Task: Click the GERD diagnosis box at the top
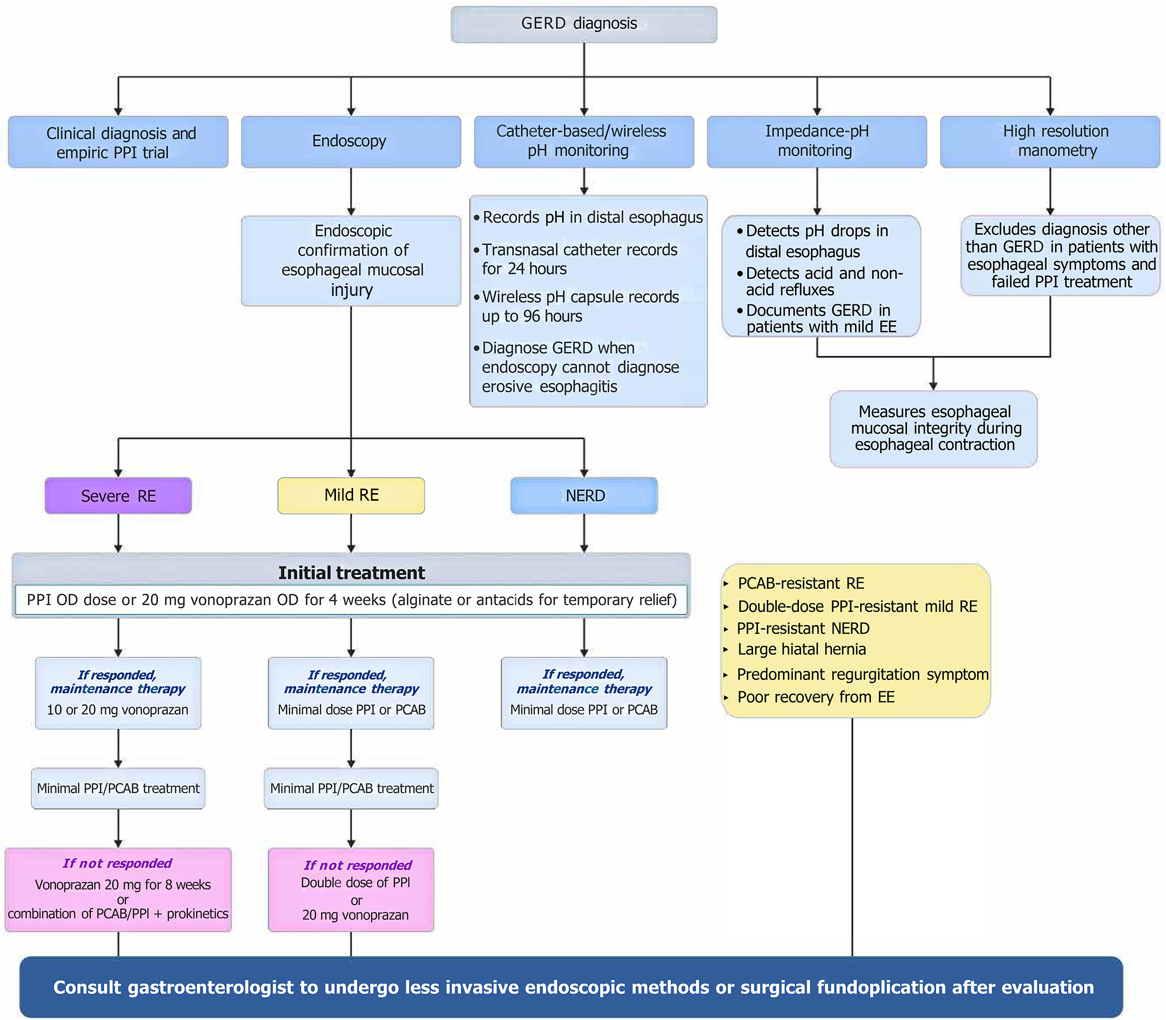click(583, 24)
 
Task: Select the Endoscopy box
click(351, 141)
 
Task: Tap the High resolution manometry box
click(1049, 141)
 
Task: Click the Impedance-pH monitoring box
click(816, 141)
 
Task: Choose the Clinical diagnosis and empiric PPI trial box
click(118, 142)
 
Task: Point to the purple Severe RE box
click(118, 495)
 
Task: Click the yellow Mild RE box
click(351, 495)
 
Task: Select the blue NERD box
click(584, 495)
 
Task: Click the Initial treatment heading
click(351, 572)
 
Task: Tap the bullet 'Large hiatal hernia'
click(801, 650)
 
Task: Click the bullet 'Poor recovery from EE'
click(815, 697)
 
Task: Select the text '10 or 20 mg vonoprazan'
click(117, 710)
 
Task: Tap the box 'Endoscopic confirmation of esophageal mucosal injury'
click(351, 260)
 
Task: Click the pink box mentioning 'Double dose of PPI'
click(351, 890)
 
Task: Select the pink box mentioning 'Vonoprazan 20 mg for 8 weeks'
click(118, 890)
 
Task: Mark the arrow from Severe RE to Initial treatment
click(118, 533)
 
